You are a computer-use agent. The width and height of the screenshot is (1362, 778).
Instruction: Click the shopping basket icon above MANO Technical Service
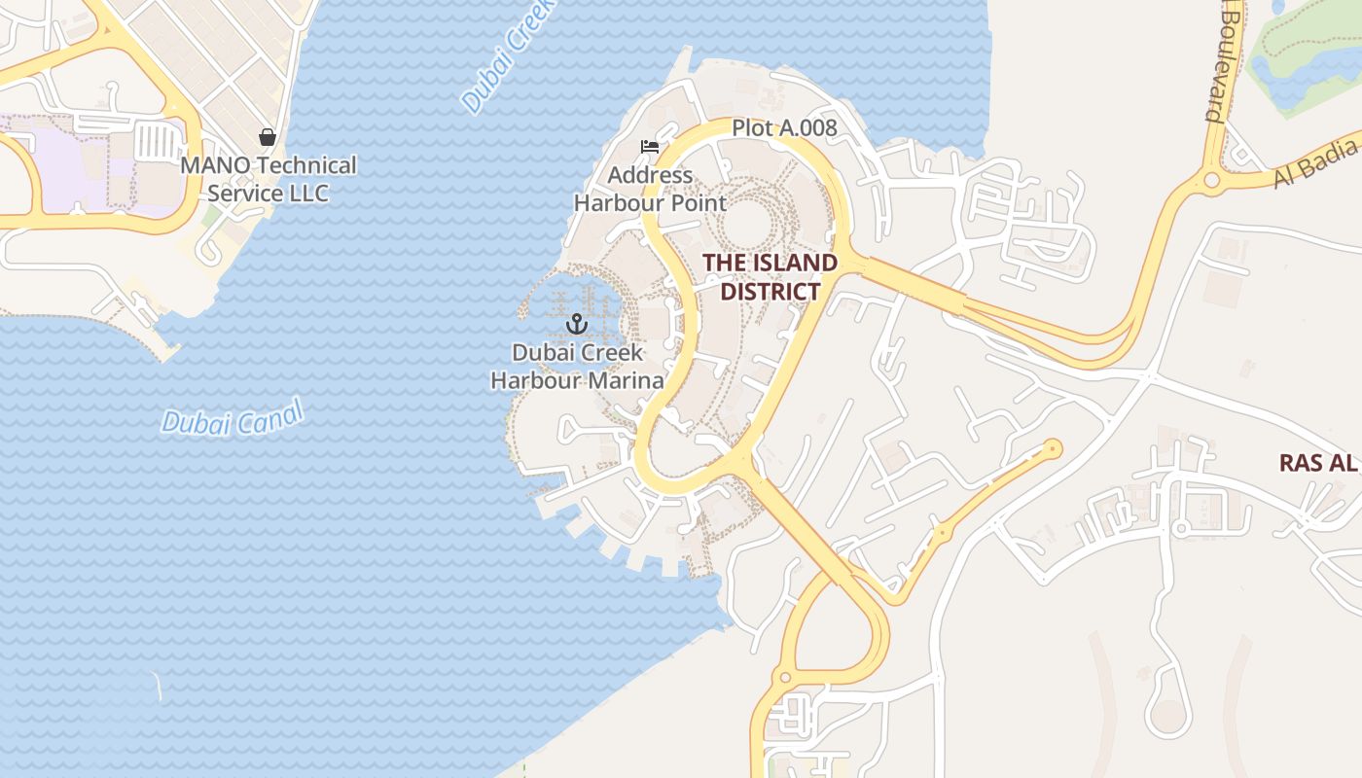coord(268,137)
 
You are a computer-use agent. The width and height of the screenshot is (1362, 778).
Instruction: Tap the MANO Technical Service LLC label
coord(269,179)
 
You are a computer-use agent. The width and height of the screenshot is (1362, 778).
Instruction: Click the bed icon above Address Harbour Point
coord(650,147)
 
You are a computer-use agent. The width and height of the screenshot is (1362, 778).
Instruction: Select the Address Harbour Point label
coord(650,189)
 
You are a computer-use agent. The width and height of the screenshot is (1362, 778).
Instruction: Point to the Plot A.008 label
coord(784,127)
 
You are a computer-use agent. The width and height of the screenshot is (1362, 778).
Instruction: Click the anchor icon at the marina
coord(578,323)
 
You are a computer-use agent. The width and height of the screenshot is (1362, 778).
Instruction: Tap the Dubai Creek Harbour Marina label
coord(577,366)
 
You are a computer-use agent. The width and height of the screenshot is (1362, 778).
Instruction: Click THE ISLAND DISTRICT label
coord(770,277)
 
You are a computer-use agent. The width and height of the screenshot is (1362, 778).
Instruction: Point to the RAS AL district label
coord(1318,462)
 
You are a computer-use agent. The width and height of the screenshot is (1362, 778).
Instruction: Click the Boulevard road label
coord(1224,60)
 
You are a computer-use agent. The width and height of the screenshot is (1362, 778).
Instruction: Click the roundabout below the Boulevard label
coord(1211,180)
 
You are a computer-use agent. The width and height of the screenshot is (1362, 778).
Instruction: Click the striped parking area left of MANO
coord(156,142)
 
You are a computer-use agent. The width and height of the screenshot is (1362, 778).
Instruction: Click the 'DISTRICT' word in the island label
coord(771,292)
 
